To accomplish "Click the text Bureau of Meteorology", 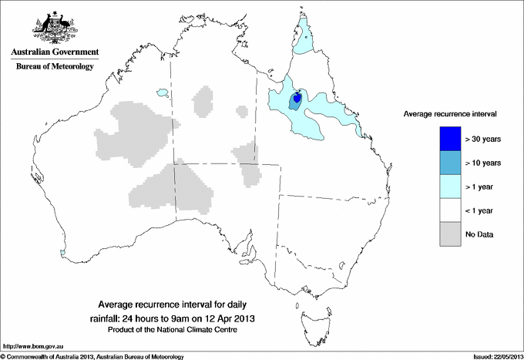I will click(54, 67).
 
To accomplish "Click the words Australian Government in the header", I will click(54, 52).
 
